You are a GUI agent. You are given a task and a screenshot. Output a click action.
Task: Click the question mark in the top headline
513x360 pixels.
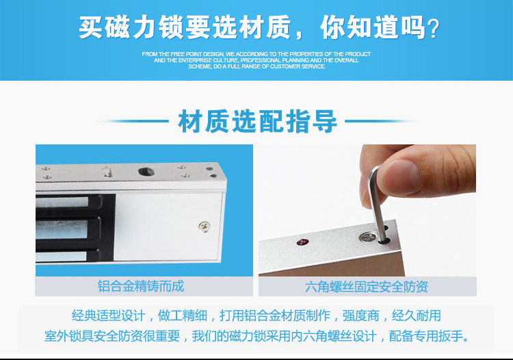tap(433, 29)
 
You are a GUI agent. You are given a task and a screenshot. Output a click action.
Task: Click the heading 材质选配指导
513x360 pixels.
tap(257, 121)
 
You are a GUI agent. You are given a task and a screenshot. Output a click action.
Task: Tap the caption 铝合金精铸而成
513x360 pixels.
tap(141, 286)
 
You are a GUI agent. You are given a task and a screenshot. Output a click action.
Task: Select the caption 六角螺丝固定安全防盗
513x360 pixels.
tap(367, 287)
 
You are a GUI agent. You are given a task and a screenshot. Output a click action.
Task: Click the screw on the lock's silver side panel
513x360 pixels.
tap(205, 226)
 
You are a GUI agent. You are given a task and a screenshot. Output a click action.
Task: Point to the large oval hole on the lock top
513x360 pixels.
tap(146, 171)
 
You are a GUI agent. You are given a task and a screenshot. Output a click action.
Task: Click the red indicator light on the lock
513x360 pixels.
tap(302, 242)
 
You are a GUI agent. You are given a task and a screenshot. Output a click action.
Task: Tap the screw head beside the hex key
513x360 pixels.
tap(367, 237)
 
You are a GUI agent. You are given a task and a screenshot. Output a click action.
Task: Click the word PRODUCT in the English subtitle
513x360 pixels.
tap(358, 54)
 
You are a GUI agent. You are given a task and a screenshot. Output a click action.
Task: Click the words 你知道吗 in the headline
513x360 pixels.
tap(373, 27)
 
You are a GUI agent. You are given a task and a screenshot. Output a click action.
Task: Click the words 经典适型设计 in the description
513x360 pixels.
tap(109, 316)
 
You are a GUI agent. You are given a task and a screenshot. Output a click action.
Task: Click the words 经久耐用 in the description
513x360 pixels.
tap(416, 316)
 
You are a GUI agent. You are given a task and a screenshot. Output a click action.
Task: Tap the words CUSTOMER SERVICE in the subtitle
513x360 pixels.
tap(298, 66)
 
